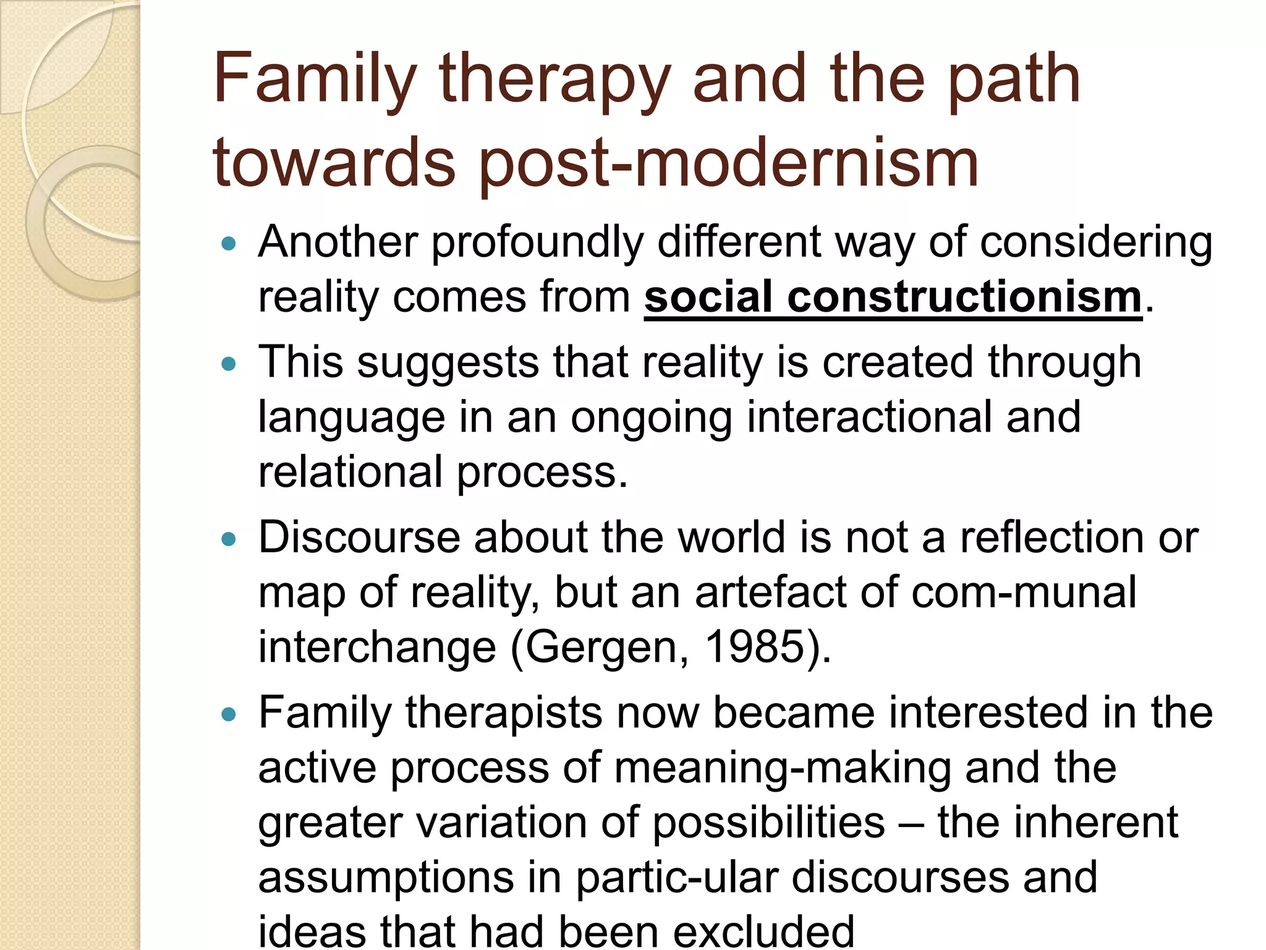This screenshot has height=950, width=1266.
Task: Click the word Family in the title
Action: [314, 80]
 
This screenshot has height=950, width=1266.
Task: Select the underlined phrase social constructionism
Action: [893, 297]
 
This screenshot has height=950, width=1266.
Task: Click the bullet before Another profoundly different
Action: [229, 244]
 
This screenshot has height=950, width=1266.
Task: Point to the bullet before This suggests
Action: [229, 364]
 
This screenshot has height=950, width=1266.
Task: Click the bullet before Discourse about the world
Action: [229, 539]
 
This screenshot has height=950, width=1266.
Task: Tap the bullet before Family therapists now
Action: [229, 714]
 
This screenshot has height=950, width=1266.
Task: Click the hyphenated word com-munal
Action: [1024, 593]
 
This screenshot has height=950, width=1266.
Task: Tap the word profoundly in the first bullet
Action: [537, 242]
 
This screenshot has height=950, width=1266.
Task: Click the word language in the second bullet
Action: [351, 418]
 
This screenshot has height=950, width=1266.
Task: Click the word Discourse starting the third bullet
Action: [359, 537]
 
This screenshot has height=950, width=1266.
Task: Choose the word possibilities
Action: [768, 823]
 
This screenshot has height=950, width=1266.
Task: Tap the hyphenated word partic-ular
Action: [677, 878]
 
